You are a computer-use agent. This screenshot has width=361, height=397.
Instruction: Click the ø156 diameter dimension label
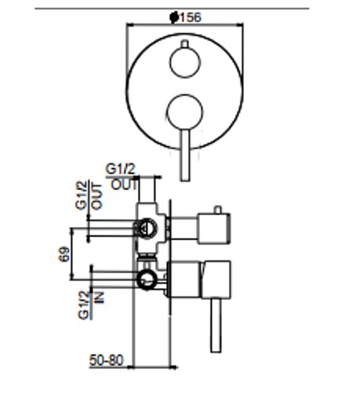point(185,17)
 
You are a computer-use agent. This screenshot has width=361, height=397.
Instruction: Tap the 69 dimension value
point(64,253)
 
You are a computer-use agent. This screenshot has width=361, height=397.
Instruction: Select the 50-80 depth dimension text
point(106,360)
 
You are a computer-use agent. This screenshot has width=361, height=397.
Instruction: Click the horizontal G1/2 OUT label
point(121,177)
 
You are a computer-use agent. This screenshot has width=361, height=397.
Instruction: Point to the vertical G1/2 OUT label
point(89,195)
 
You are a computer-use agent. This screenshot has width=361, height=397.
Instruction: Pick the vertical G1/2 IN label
point(91,305)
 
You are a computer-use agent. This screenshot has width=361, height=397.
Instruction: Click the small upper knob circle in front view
point(185,63)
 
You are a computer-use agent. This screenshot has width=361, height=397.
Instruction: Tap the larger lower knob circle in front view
point(185,112)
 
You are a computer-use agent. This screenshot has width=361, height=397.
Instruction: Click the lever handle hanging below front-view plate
point(185,155)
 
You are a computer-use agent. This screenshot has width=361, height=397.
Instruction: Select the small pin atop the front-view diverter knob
point(185,44)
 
